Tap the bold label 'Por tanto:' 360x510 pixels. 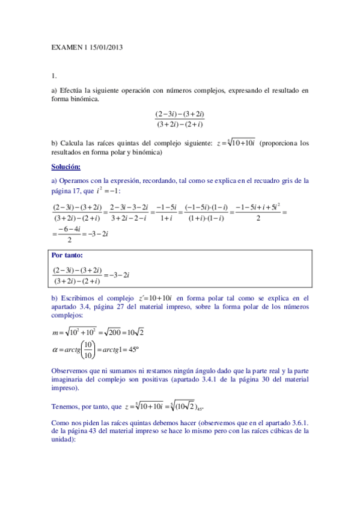pyautogui.click(x=69, y=255)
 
